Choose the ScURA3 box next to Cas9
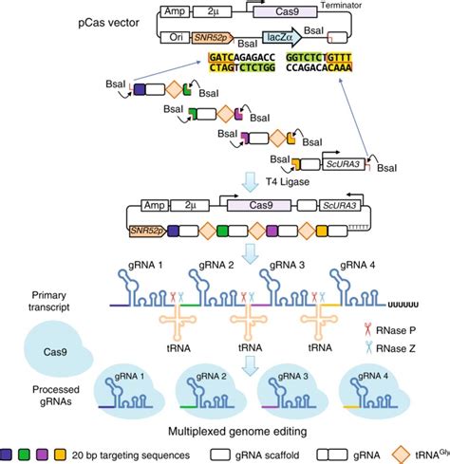coord(331,206)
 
